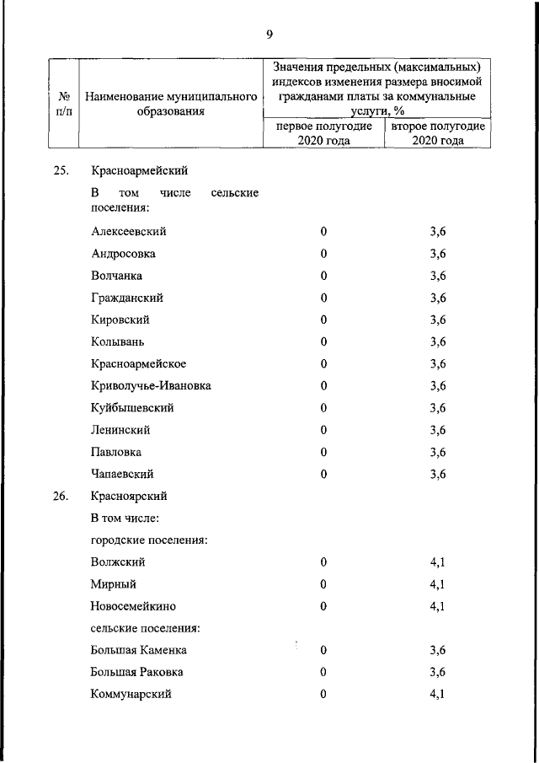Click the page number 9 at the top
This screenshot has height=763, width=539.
(x=269, y=34)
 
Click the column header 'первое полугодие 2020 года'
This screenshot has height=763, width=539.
(x=323, y=133)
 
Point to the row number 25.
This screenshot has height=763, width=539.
(x=60, y=171)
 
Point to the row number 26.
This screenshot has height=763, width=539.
(x=60, y=496)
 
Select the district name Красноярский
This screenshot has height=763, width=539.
(x=129, y=496)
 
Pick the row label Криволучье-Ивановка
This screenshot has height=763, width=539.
(x=151, y=385)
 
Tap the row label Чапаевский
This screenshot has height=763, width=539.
(x=122, y=474)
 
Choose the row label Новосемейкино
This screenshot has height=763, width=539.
(x=133, y=605)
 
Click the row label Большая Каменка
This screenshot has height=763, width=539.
(x=139, y=650)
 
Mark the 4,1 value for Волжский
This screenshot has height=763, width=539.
(x=437, y=562)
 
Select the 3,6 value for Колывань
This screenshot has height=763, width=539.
(x=437, y=341)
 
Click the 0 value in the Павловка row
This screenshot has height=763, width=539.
(x=323, y=452)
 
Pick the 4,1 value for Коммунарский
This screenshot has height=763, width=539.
(x=437, y=694)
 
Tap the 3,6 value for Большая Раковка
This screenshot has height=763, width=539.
(x=437, y=672)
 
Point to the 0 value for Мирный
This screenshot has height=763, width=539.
(x=323, y=583)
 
